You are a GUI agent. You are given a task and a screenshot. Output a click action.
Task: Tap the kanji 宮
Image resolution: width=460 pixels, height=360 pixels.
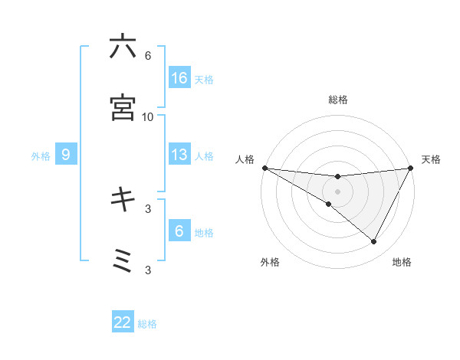(123, 107)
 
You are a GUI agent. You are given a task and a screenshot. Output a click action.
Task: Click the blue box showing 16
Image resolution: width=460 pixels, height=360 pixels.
(179, 78)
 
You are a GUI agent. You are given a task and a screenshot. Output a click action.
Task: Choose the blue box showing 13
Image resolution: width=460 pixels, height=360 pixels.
(179, 155)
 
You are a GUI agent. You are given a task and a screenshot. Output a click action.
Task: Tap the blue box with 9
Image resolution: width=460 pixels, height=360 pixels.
(66, 155)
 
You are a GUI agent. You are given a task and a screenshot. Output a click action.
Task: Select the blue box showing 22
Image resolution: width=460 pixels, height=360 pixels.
(123, 322)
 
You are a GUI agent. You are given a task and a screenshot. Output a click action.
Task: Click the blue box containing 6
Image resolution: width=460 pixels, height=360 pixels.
(179, 231)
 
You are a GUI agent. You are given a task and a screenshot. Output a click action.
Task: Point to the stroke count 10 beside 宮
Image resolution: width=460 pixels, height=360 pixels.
(148, 116)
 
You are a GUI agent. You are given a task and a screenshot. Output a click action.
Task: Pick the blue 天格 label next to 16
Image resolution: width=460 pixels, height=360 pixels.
(204, 79)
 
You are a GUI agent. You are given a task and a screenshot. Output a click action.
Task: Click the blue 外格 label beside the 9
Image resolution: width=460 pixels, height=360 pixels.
(41, 155)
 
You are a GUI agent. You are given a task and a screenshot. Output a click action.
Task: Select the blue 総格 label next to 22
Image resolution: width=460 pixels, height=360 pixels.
(147, 323)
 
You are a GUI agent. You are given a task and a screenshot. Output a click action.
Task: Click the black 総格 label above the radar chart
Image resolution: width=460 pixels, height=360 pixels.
(337, 100)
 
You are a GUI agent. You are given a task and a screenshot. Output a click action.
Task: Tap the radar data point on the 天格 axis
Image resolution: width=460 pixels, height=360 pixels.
(412, 168)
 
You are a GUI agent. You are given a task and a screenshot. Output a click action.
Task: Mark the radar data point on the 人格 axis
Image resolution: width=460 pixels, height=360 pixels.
(264, 168)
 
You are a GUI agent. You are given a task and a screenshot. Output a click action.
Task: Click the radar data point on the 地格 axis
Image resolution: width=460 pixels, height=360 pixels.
(374, 242)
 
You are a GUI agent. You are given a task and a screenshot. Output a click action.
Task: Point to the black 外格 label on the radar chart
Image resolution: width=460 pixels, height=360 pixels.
(270, 262)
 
